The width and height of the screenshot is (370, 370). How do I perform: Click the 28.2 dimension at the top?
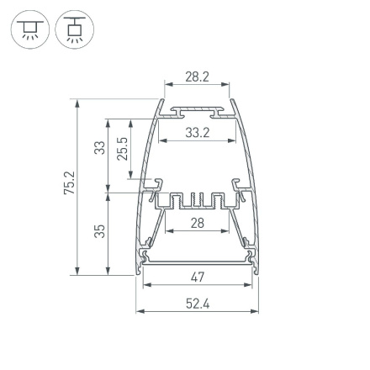coord(196,77)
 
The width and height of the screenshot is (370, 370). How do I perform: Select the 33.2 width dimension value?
coord(197,132)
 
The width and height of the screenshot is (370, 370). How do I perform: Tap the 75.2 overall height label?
coord(69,183)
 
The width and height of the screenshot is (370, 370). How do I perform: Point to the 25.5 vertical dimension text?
coord(123,148)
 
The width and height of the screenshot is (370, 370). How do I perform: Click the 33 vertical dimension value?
coord(100,148)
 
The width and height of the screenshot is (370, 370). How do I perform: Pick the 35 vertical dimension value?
coord(100,230)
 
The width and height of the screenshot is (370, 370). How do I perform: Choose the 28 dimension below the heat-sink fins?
coord(197,223)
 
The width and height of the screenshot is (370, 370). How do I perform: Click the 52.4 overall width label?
coord(198,304)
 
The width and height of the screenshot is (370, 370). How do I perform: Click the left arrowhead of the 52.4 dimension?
coord(140,311)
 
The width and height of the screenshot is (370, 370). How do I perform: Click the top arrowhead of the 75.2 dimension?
coord(78,103)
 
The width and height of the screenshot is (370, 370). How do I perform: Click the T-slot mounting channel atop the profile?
coord(197,110)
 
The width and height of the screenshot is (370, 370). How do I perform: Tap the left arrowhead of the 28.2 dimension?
coord(167,84)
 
